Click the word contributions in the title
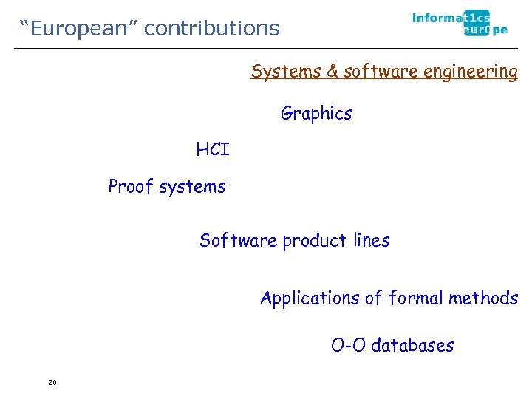[x=212, y=29]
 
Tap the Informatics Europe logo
[x=451, y=24]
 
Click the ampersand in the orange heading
[x=332, y=72]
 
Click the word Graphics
[x=316, y=114]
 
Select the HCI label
[x=213, y=150]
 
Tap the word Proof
[x=130, y=186]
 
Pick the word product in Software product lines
[x=314, y=241]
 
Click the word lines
[x=371, y=241]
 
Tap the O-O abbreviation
[x=348, y=345]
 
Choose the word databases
[x=412, y=345]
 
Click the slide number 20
[x=52, y=382]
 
